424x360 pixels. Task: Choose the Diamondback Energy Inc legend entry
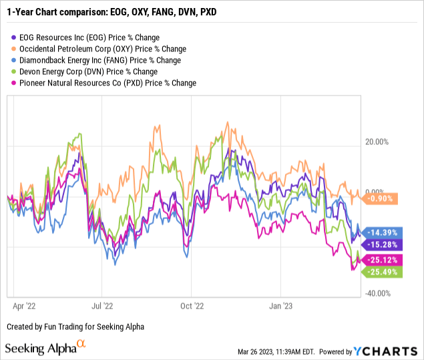click(97, 60)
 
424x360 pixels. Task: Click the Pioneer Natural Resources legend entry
click(105, 83)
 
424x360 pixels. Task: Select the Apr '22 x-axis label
click(25, 307)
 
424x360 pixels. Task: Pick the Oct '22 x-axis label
click(191, 307)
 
